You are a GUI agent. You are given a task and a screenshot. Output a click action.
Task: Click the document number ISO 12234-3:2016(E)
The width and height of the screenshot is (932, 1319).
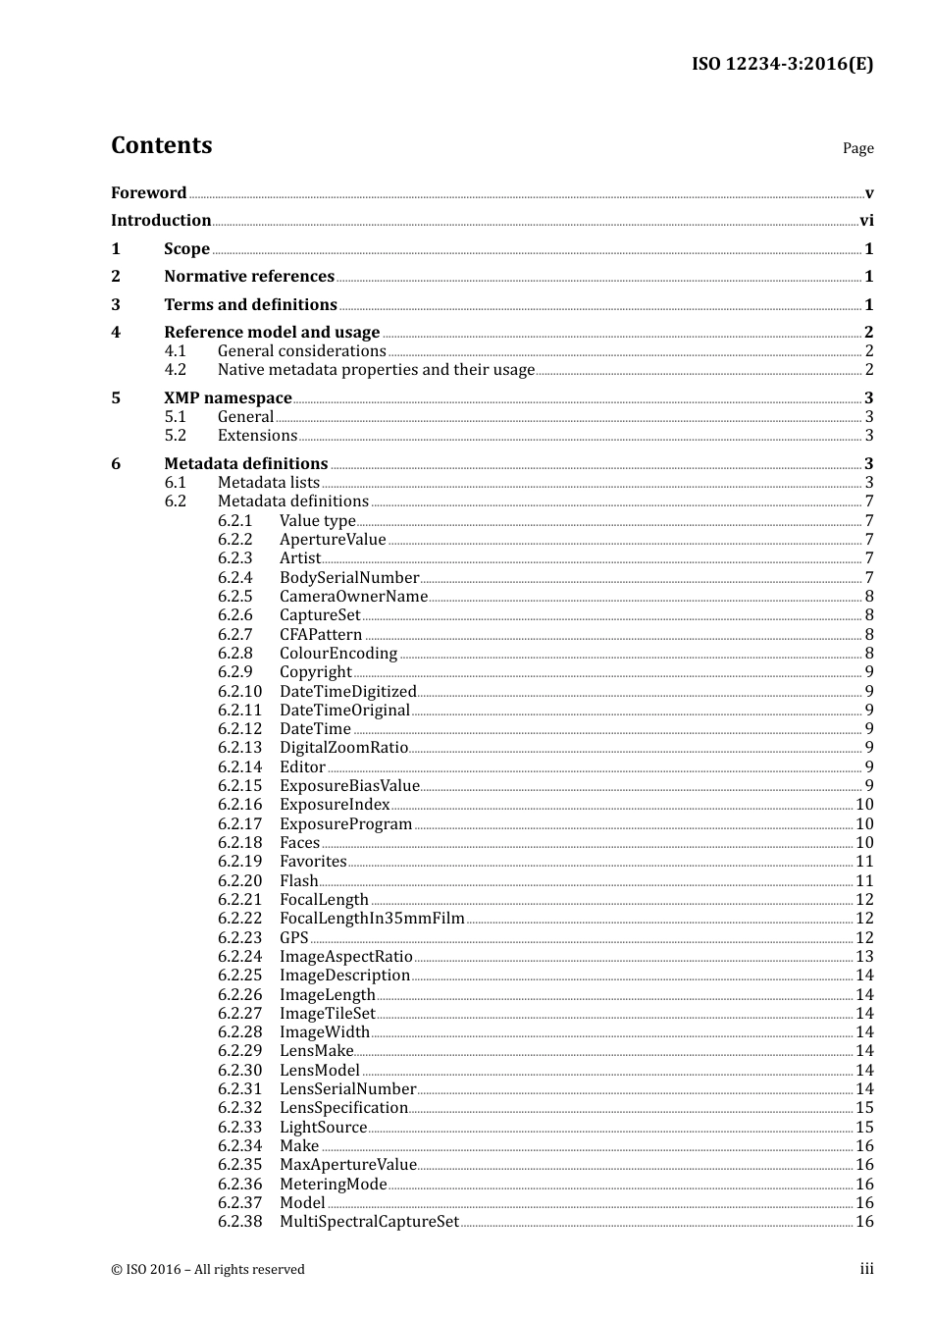(782, 64)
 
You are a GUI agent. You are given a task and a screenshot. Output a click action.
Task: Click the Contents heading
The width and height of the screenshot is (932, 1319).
(161, 145)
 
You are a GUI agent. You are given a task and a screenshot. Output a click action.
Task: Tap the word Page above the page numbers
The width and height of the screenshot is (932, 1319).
(857, 148)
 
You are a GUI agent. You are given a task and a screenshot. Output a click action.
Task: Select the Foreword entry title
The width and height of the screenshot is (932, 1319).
(148, 192)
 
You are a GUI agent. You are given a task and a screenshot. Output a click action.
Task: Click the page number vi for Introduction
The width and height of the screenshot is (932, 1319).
(866, 221)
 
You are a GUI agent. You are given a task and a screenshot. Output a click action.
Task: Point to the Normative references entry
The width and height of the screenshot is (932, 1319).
(249, 277)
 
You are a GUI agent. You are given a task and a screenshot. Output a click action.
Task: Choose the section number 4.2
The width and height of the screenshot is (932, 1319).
(176, 370)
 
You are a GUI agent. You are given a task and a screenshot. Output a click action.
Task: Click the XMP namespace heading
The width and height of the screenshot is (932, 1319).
(228, 397)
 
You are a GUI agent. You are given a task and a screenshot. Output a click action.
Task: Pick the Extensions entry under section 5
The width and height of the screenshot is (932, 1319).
(257, 436)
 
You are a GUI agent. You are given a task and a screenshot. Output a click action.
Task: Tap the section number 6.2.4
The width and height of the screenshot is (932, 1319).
(235, 578)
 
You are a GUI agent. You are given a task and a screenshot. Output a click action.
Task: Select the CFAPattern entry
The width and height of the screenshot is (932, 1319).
(321, 635)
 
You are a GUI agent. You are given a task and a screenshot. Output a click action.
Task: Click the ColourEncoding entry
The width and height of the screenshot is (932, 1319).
(338, 654)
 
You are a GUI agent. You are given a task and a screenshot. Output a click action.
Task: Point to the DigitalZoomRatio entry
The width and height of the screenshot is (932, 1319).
(343, 748)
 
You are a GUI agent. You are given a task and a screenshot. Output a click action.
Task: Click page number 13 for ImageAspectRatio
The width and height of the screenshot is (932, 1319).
(864, 957)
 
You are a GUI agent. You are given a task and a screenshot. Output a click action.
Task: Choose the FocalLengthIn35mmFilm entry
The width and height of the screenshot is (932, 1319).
(372, 919)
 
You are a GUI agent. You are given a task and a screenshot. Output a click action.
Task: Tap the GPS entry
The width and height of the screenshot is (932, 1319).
(294, 938)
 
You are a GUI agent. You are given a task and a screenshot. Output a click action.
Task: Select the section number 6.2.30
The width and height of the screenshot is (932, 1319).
(240, 1071)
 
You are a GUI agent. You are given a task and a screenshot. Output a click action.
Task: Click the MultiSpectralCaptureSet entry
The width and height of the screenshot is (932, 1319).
(369, 1222)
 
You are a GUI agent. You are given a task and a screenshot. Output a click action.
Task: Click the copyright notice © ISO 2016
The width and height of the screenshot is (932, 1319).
(208, 1269)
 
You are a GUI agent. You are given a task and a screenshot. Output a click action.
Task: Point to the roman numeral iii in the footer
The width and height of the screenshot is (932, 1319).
(867, 1269)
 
